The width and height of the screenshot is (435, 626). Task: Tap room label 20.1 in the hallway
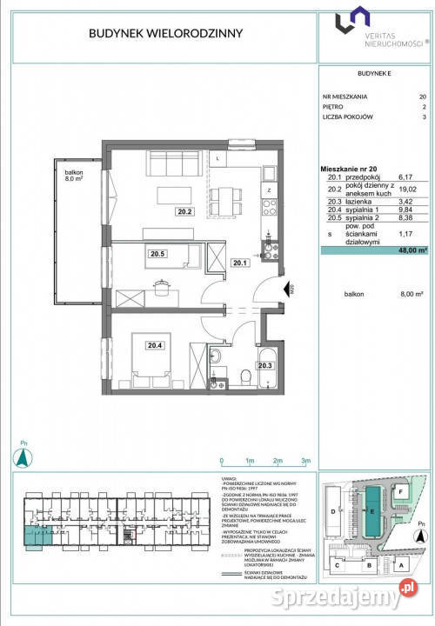click(x=240, y=260)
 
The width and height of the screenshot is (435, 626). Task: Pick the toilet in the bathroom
click(x=246, y=376)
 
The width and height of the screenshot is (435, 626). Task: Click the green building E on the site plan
click(x=372, y=512)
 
